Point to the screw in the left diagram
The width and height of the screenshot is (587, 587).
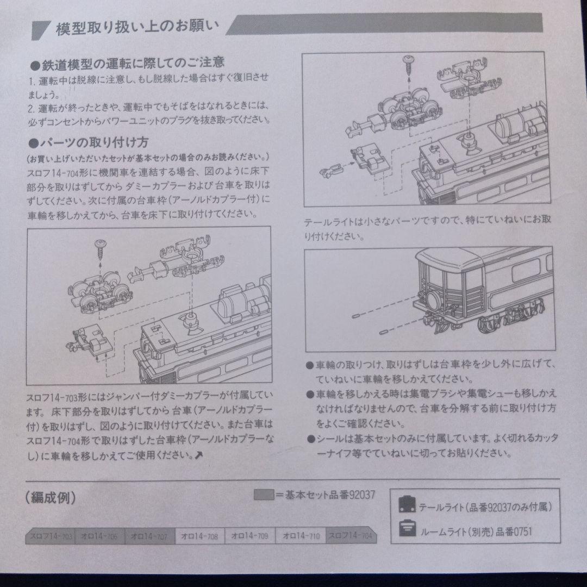point(101,247)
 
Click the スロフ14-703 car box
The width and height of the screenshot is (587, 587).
point(50,536)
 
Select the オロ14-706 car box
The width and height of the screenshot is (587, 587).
point(101,536)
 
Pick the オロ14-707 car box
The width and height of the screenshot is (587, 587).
point(151,536)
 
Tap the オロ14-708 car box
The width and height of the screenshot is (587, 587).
point(201,536)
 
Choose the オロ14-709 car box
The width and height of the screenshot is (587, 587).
point(251,536)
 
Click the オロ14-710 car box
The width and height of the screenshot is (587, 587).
point(301,536)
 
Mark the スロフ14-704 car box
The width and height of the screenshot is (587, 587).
point(351,536)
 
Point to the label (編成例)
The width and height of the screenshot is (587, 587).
point(50,497)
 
